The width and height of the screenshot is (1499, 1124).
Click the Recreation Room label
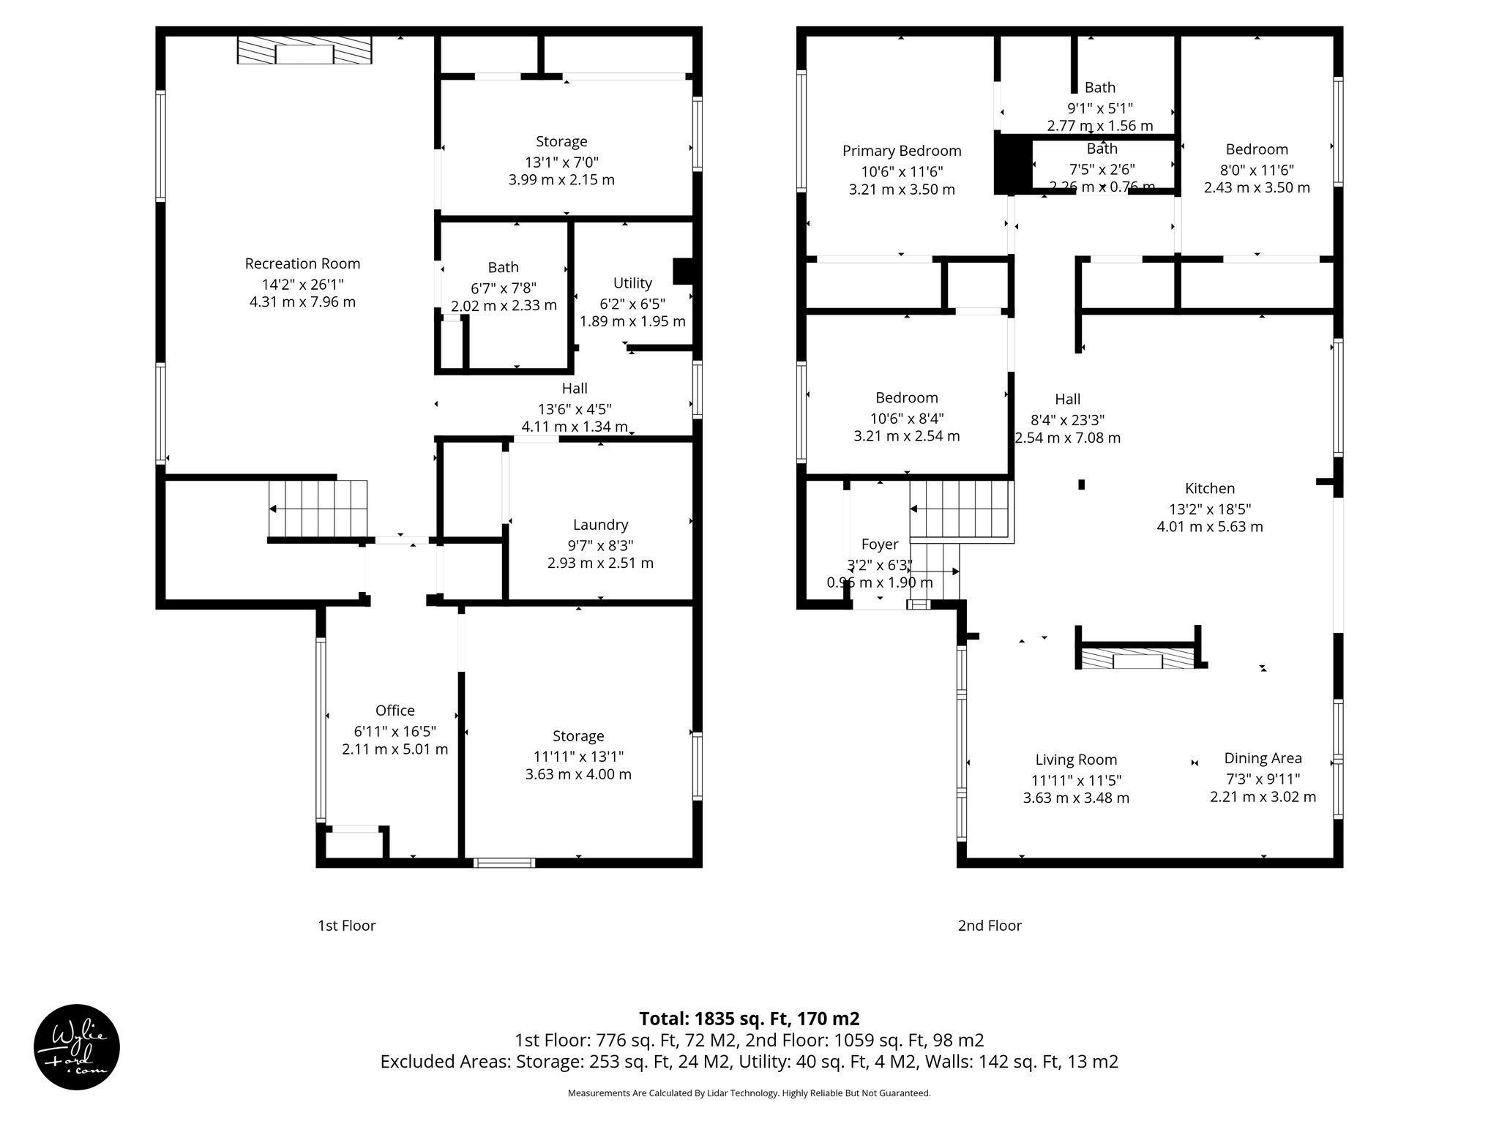(302, 263)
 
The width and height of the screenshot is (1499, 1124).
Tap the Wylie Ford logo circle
(76, 1046)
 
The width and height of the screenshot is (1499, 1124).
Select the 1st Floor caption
(346, 926)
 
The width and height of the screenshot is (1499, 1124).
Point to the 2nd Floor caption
(990, 926)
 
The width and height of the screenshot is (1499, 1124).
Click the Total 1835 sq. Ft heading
(749, 1019)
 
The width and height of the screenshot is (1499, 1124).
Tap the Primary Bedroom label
(902, 151)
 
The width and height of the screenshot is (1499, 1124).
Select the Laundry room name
(600, 525)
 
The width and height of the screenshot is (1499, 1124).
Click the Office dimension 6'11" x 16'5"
(395, 730)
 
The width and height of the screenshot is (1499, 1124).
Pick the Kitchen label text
(1209, 488)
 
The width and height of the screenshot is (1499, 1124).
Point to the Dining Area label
(1263, 758)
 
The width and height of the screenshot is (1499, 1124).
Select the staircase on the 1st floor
(318, 509)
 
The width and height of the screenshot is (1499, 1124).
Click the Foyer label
(879, 544)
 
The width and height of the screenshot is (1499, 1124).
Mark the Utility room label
(632, 282)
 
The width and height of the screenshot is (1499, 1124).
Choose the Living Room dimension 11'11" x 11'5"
(1076, 779)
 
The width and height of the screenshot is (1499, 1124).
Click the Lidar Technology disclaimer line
(749, 1093)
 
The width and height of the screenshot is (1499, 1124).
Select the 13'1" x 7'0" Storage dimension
(561, 161)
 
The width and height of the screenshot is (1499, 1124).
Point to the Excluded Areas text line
(749, 1062)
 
